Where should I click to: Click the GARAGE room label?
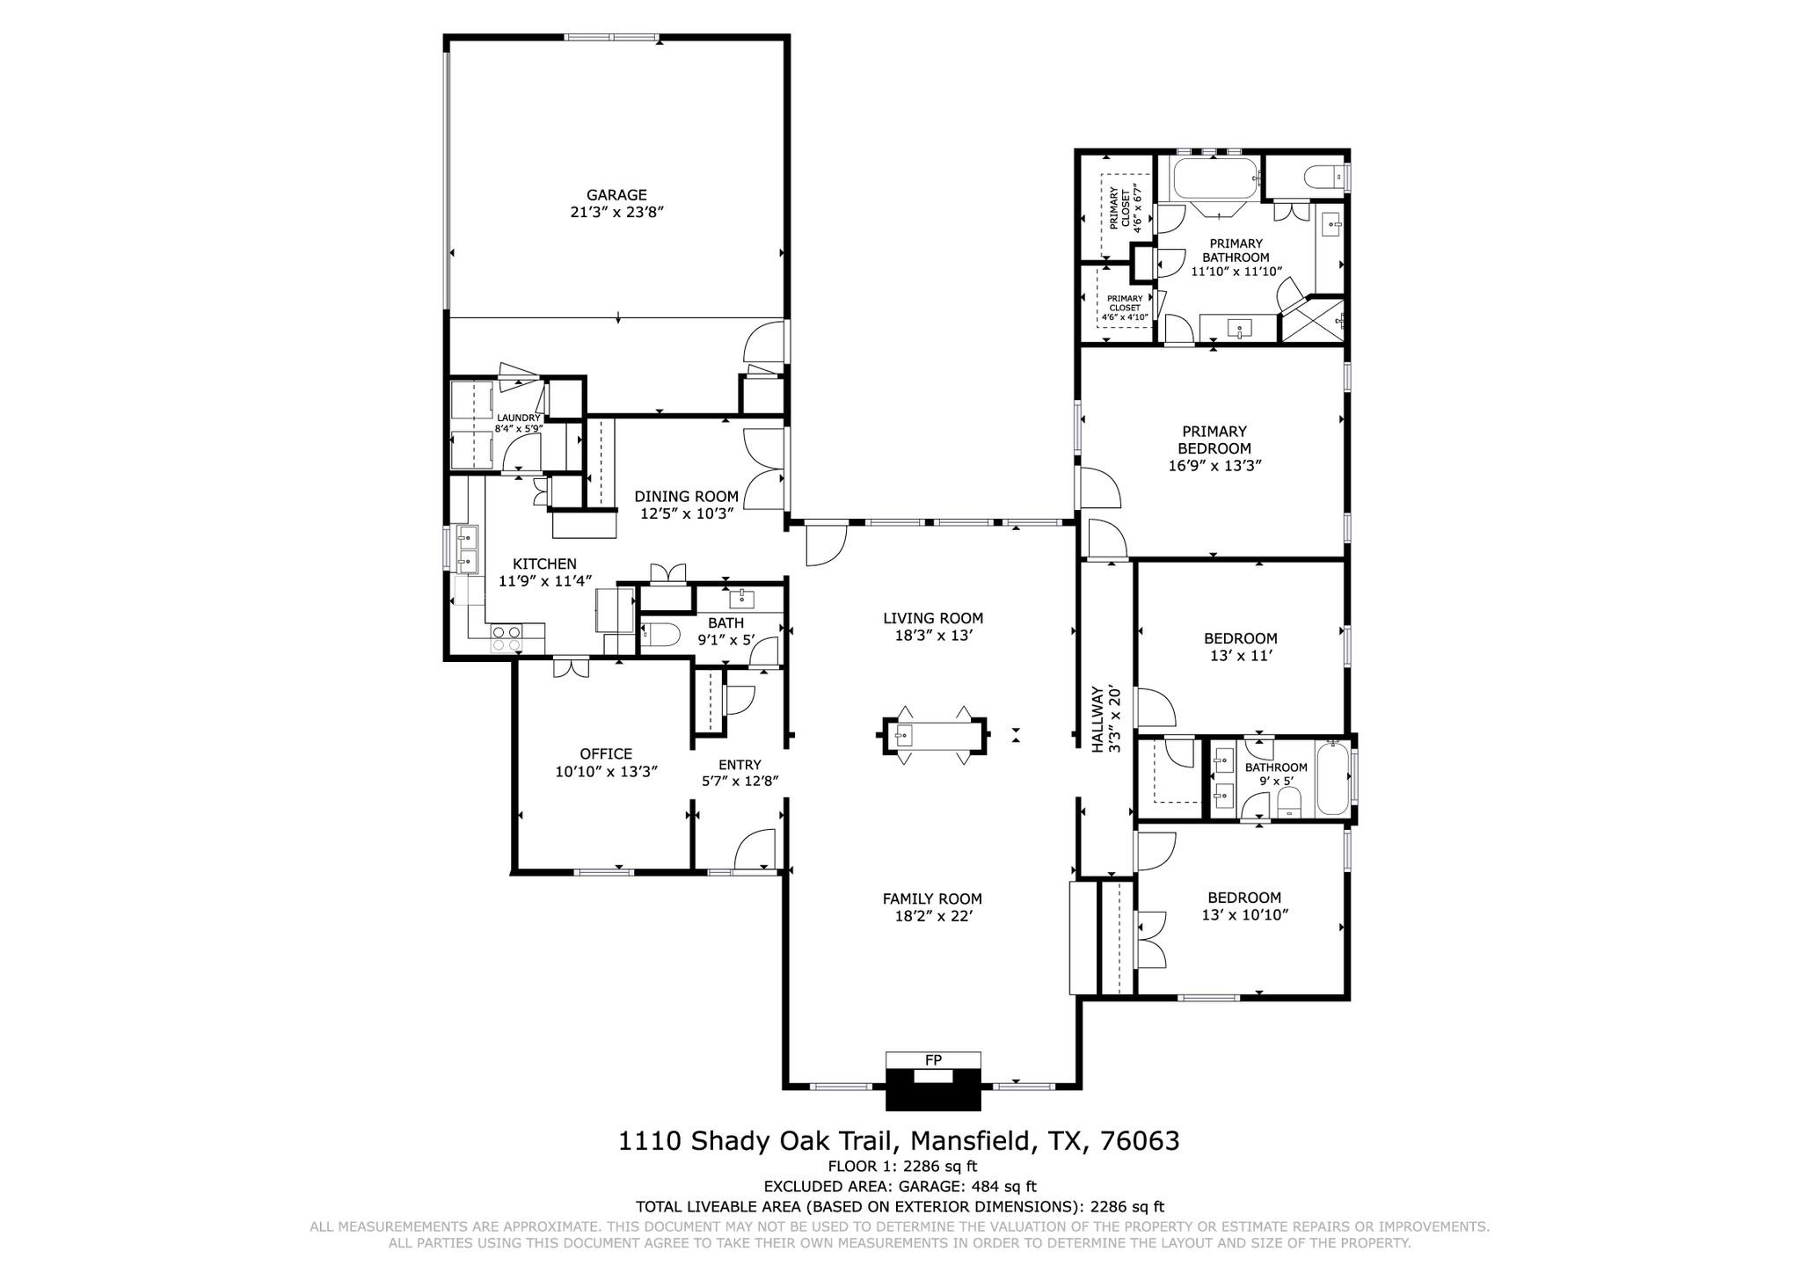[x=616, y=195]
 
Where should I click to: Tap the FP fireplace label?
[x=933, y=1060]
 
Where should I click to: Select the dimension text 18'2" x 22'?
[x=932, y=916]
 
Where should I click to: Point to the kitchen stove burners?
[x=506, y=637]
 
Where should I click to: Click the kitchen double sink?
[x=466, y=547]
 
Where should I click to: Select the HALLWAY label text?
[x=1097, y=719]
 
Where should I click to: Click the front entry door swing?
[x=754, y=850]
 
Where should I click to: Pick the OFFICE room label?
[x=606, y=753]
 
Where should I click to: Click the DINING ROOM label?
[x=686, y=497]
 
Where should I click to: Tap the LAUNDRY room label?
[x=518, y=418]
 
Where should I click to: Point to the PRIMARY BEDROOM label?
[x=1214, y=440]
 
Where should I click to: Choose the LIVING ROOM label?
[x=933, y=618]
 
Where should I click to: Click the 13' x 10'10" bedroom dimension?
[x=1244, y=914]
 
